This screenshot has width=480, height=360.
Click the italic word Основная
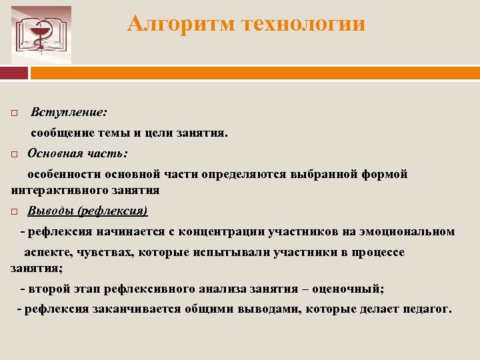coord(53,153)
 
